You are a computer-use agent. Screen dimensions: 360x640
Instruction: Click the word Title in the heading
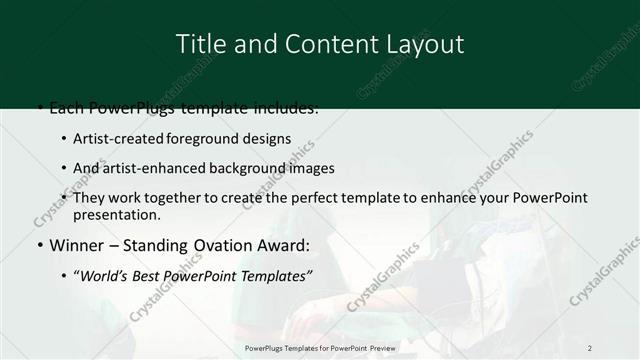(198, 44)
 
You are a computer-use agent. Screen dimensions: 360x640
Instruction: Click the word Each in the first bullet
(67, 107)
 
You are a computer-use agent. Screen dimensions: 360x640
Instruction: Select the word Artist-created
(120, 139)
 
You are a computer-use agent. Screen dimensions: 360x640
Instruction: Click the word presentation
(116, 214)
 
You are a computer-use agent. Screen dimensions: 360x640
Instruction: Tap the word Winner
(75, 245)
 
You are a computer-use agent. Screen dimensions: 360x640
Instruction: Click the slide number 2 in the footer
(590, 348)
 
